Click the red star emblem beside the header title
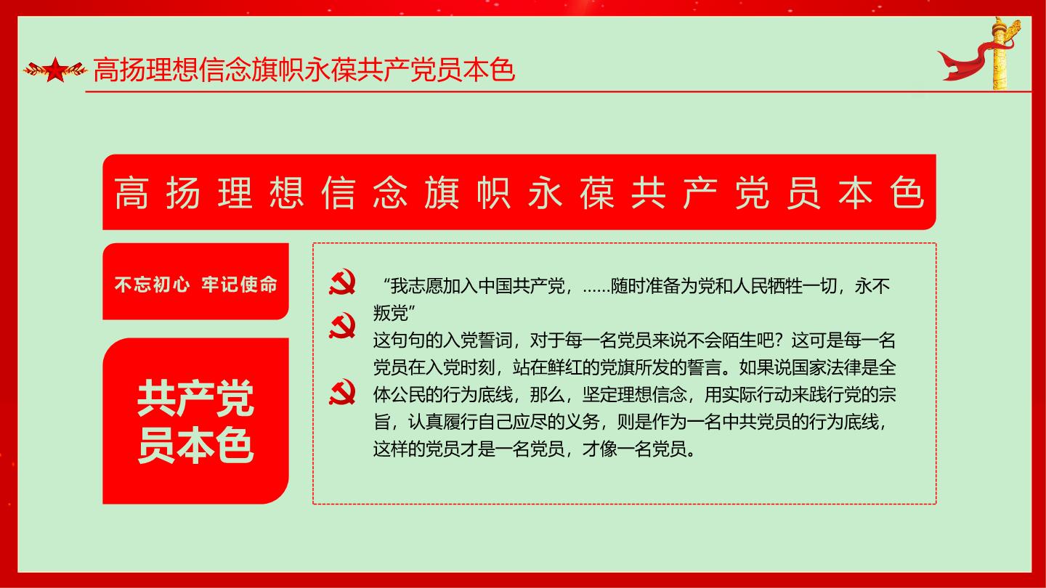[x=55, y=70]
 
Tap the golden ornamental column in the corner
[x=1000, y=54]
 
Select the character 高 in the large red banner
[x=131, y=193]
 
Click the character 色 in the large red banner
[x=907, y=193]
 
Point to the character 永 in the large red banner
[x=545, y=193]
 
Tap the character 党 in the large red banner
[x=752, y=193]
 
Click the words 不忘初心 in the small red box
[x=153, y=285]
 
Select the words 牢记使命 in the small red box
[x=240, y=285]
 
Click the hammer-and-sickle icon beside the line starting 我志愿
[x=342, y=282]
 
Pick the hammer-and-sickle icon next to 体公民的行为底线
[x=342, y=391]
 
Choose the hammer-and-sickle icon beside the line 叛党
[x=342, y=325]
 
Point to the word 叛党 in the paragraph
[x=390, y=313]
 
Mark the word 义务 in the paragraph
[x=583, y=422]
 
